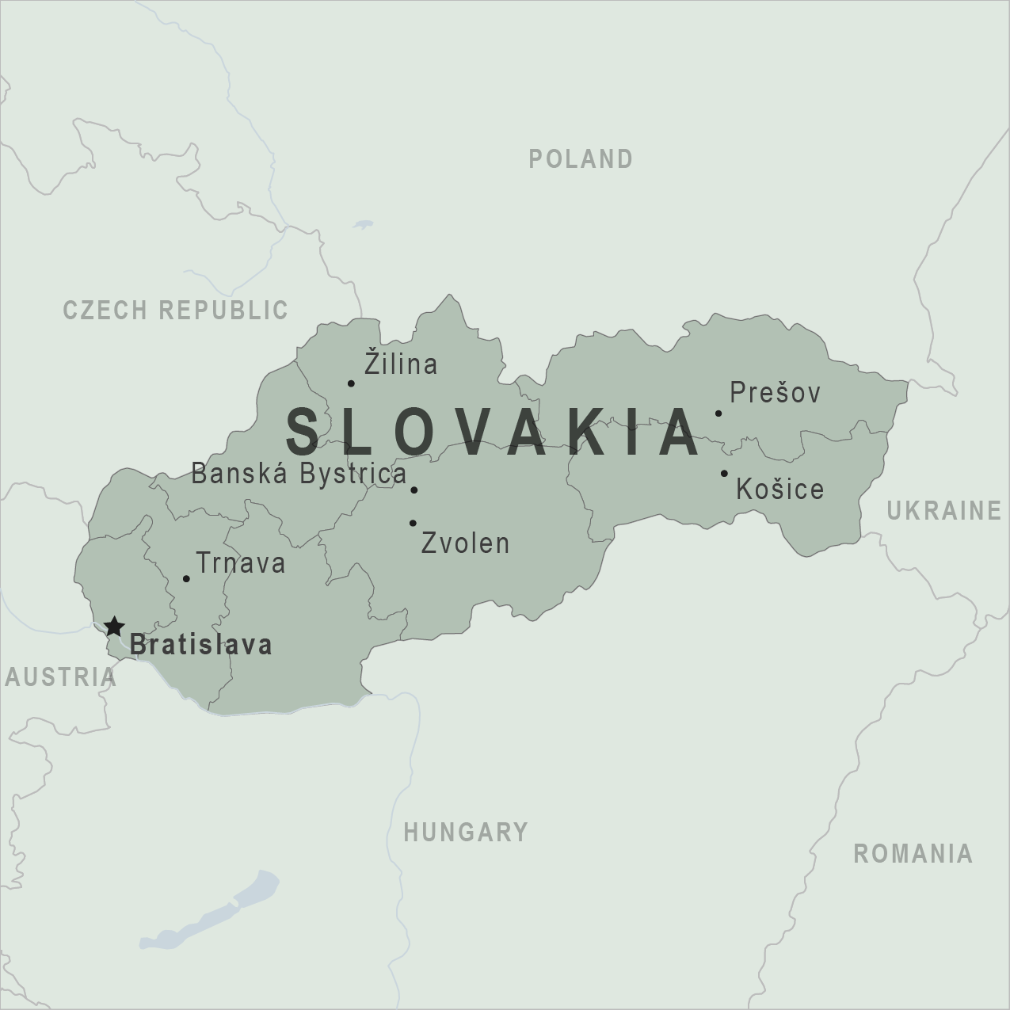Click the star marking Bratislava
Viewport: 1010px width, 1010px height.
pyautogui.click(x=114, y=627)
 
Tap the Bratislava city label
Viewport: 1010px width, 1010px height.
pyautogui.click(x=201, y=645)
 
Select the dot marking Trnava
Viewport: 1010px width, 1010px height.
pyautogui.click(x=186, y=579)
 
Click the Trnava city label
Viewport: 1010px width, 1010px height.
pyautogui.click(x=240, y=563)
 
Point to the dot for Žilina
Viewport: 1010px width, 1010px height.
pyautogui.click(x=351, y=383)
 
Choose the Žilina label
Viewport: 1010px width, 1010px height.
pyautogui.click(x=401, y=364)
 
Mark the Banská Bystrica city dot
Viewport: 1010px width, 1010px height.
pyautogui.click(x=414, y=490)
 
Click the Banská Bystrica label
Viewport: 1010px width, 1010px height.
pyautogui.click(x=299, y=474)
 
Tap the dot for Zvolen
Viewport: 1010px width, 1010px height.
pyautogui.click(x=413, y=523)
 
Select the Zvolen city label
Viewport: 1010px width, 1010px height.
pyautogui.click(x=465, y=543)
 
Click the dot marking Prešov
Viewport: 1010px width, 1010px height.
pyautogui.click(x=718, y=413)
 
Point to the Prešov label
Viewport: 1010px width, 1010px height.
pyautogui.click(x=776, y=392)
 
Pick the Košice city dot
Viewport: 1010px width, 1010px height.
pyautogui.click(x=724, y=474)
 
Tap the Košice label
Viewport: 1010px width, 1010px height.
pyautogui.click(x=780, y=489)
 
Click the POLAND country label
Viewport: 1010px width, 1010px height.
pyautogui.click(x=581, y=159)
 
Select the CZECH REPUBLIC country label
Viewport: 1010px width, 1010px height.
pyautogui.click(x=175, y=310)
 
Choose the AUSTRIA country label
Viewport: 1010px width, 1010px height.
pyautogui.click(x=60, y=677)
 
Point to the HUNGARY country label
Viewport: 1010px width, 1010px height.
pyautogui.click(x=466, y=832)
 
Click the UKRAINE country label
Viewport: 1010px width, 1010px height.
pyautogui.click(x=943, y=511)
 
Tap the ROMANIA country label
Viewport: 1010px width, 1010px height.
pyautogui.click(x=913, y=853)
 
